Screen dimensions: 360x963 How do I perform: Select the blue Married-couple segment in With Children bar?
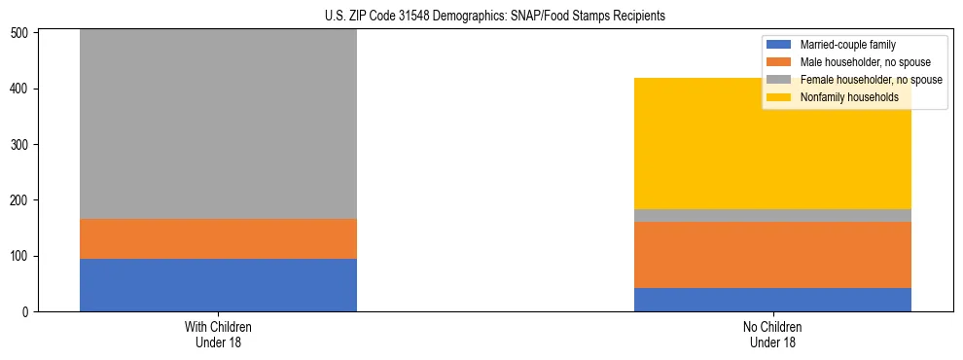point(218,285)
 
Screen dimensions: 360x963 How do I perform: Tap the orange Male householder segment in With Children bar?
point(218,238)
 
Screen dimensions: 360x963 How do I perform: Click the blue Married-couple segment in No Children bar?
point(772,300)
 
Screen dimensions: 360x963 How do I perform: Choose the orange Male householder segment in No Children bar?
point(772,255)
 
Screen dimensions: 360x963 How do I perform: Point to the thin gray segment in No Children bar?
point(772,215)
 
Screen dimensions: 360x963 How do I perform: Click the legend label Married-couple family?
point(847,45)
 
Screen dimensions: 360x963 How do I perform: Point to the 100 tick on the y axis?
point(25,257)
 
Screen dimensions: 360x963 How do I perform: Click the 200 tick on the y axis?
point(25,200)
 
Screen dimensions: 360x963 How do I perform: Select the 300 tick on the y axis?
point(25,145)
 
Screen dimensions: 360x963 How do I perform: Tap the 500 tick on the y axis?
point(25,33)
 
